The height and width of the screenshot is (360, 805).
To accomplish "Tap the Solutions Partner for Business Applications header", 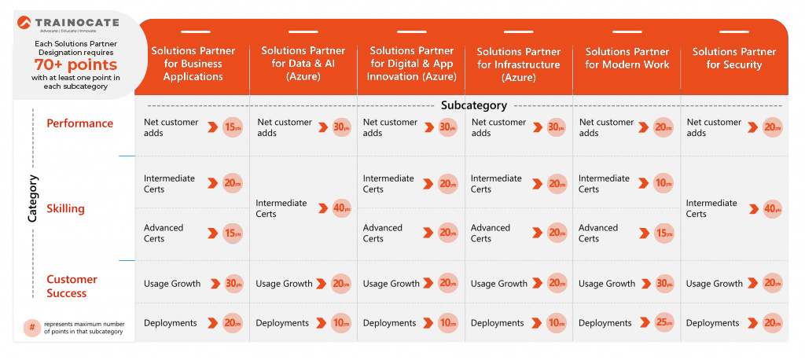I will tap(193, 64).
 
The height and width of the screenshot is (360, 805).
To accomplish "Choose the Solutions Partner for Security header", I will tap(734, 58).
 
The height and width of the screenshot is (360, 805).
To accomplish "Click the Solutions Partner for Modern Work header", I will tap(627, 58).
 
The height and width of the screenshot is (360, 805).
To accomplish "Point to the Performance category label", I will tap(79, 123).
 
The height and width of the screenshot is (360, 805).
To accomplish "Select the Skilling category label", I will tap(65, 208).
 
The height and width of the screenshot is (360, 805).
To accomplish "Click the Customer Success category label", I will tap(72, 286).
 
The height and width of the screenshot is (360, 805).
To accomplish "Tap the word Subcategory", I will tap(473, 105).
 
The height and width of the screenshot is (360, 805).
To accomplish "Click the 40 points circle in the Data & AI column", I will tap(341, 208).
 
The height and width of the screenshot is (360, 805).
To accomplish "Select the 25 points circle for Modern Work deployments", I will tap(664, 322).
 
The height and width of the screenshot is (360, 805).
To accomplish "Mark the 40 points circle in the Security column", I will tap(772, 208).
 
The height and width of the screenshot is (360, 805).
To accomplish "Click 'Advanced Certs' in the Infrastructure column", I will tap(491, 233).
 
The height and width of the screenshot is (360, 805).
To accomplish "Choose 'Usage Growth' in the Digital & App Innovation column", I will tap(391, 284).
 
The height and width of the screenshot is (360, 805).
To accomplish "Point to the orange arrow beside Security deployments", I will tap(752, 323).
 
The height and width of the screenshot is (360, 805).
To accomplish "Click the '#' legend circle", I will tap(31, 327).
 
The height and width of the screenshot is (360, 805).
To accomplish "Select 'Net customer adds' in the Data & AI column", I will tap(285, 127).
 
